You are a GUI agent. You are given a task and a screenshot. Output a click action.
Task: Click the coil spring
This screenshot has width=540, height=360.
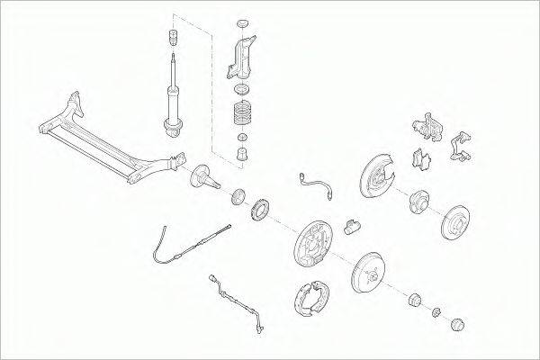click(243, 113)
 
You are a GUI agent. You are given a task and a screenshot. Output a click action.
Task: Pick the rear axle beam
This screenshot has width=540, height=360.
click(108, 139)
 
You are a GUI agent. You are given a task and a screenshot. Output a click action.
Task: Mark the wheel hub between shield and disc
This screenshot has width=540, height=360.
click(419, 202)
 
